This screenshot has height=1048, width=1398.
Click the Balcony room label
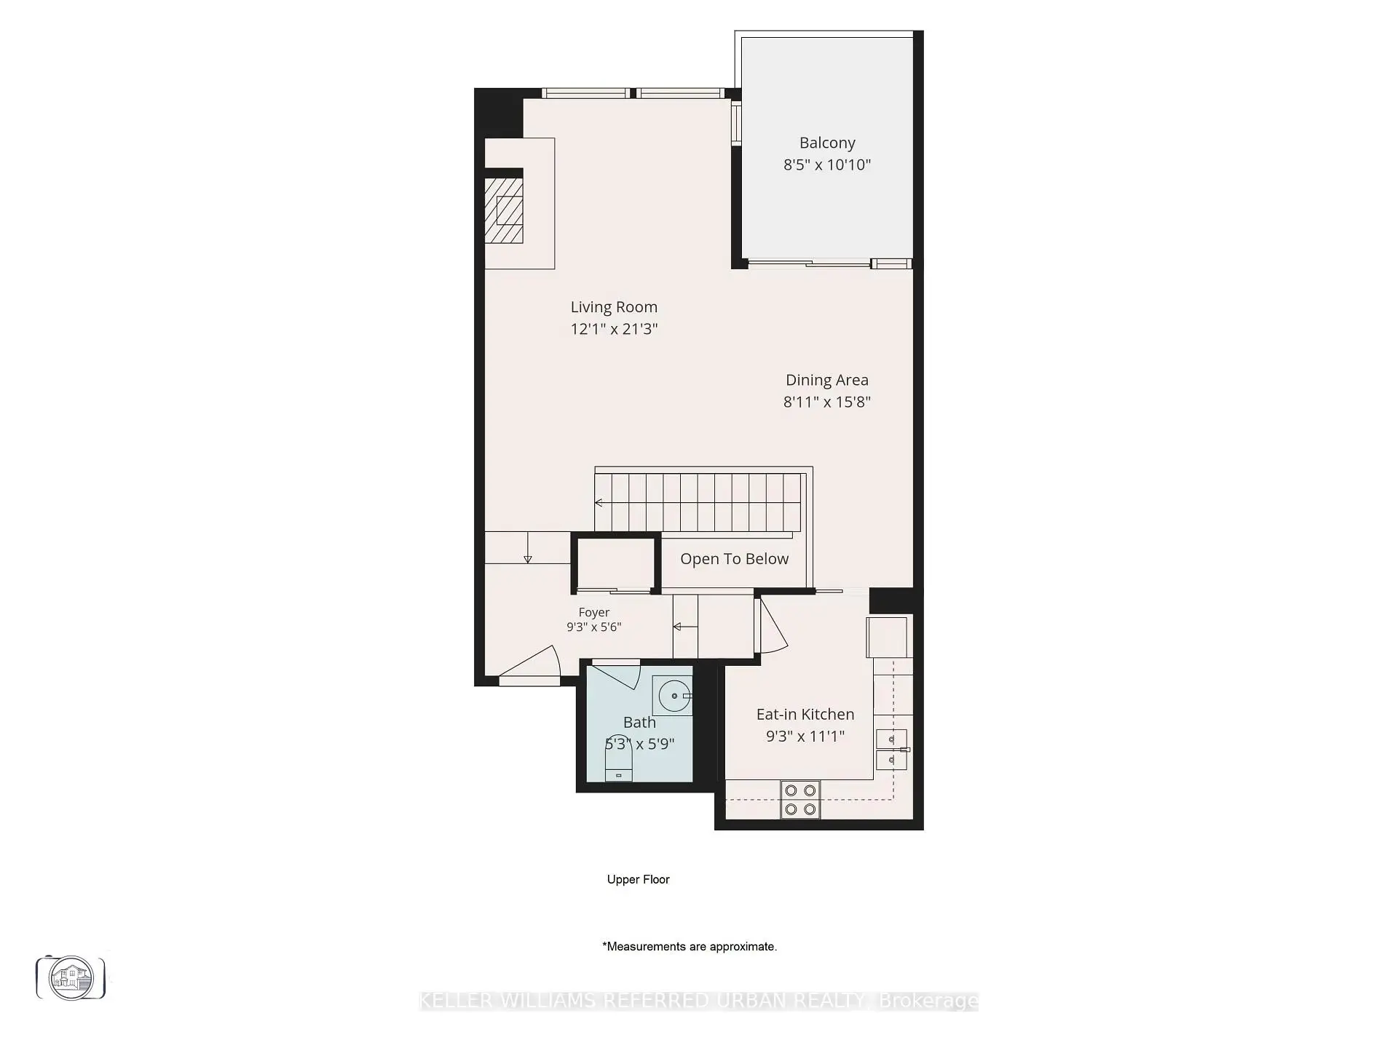tap(827, 143)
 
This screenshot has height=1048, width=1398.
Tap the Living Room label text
tap(614, 307)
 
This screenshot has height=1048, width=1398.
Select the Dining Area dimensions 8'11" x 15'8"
tap(827, 402)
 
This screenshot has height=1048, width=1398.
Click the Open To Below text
tap(734, 559)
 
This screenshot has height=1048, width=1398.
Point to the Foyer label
tap(594, 613)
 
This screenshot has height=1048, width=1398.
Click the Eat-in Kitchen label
tap(805, 715)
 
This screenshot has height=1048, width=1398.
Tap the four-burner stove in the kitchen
tap(800, 799)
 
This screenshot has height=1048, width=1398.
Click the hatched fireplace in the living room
tap(504, 210)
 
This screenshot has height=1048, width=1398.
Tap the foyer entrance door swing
tap(529, 665)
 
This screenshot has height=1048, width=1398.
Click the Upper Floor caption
tap(639, 879)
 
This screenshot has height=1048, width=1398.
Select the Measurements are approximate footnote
tap(690, 947)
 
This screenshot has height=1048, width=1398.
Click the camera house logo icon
tap(71, 977)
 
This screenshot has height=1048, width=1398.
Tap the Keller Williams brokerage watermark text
tap(699, 1001)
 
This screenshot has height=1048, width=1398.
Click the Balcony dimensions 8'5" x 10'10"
tap(827, 164)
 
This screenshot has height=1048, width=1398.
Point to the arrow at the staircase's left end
tap(599, 502)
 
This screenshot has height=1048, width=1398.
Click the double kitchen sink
tap(891, 750)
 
